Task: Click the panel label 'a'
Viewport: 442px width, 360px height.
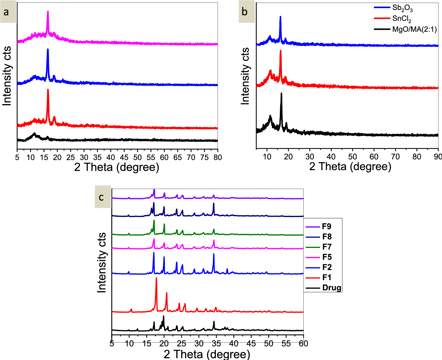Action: click(x=6, y=12)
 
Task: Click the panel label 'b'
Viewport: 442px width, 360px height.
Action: click(x=245, y=12)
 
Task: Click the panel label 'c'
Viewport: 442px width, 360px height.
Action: click(x=101, y=197)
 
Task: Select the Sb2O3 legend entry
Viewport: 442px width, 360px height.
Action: click(x=402, y=8)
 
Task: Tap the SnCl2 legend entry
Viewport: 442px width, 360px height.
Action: click(x=402, y=19)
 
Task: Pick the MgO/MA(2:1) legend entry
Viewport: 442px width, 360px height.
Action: click(x=414, y=29)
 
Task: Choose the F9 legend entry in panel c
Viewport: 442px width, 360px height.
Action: click(x=327, y=226)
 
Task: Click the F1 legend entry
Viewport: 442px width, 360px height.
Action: click(x=327, y=277)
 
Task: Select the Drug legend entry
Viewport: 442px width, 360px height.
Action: click(x=332, y=288)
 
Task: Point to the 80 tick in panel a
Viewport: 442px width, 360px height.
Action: click(x=218, y=157)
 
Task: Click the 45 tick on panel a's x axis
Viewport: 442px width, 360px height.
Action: click(x=124, y=157)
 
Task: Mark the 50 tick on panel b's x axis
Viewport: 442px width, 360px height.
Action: click(x=353, y=157)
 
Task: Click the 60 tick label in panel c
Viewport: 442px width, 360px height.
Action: click(x=303, y=343)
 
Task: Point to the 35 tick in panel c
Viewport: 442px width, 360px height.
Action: click(x=216, y=343)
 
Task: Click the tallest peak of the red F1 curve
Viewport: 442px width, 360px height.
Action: click(x=156, y=278)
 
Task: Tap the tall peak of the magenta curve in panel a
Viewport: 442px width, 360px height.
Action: click(x=48, y=12)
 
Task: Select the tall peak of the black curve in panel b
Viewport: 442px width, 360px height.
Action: click(x=281, y=94)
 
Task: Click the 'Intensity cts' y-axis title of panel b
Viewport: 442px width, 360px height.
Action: click(x=245, y=76)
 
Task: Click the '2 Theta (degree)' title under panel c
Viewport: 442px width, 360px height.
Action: click(x=207, y=354)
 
